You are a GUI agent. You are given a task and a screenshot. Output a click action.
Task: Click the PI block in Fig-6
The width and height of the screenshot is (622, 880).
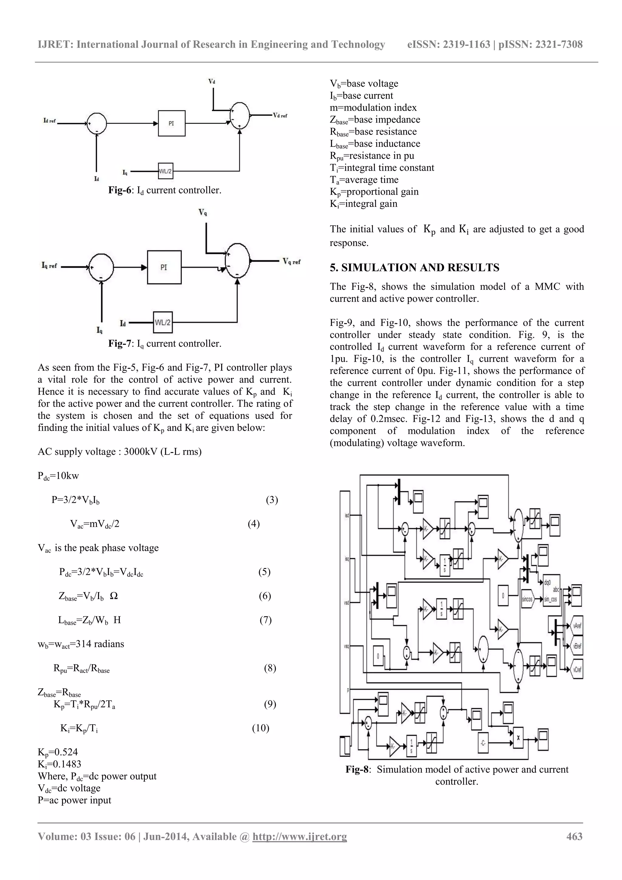171,123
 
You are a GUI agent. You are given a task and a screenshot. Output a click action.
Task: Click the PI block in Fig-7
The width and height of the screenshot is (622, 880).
164,267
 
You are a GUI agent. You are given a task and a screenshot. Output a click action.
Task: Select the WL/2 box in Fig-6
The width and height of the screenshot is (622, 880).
166,171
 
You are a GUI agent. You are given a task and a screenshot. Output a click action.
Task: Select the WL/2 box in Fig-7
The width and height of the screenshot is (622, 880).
162,322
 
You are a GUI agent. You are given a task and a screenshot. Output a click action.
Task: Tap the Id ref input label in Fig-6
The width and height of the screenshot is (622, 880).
50,121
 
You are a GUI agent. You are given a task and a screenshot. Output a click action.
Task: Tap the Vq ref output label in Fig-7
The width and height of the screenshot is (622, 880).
292,262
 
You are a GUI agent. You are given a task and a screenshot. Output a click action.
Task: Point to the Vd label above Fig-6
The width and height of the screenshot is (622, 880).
212,81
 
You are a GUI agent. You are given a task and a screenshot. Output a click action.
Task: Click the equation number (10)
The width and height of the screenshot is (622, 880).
260,728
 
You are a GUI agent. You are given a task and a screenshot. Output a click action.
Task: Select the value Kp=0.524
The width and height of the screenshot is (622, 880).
58,752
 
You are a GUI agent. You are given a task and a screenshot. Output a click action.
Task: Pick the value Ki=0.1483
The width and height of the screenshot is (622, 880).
60,764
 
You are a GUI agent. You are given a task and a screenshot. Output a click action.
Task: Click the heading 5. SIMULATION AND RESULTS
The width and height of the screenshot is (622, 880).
414,268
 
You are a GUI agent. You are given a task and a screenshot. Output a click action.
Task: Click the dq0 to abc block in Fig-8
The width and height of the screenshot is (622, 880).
551,591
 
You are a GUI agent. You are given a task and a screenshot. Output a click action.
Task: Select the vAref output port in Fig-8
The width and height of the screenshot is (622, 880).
576,625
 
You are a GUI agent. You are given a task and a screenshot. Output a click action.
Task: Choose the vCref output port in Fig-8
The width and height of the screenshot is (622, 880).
576,669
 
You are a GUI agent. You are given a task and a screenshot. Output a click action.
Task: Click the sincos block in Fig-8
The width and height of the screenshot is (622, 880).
527,599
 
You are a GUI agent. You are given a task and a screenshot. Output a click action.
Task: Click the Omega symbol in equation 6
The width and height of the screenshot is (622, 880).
114,596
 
